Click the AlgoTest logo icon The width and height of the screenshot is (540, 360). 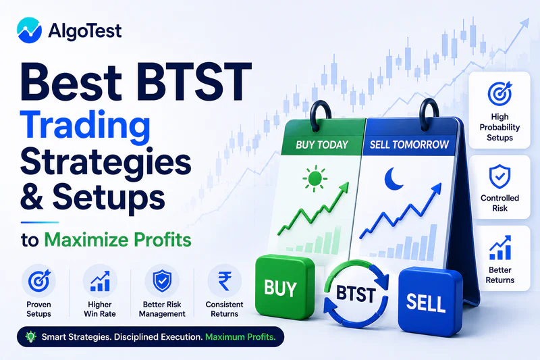pyautogui.click(x=29, y=30)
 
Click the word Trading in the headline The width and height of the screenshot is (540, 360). pyautogui.click(x=86, y=127)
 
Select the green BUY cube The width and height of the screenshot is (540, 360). pyautogui.click(x=285, y=286)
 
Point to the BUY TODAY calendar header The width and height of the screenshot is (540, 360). pyautogui.click(x=322, y=145)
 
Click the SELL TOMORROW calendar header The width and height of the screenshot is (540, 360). pyautogui.click(x=409, y=145)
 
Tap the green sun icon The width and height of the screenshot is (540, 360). pyautogui.click(x=315, y=178)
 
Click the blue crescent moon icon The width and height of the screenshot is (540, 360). pyautogui.click(x=394, y=179)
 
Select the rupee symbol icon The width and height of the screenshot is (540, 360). pyautogui.click(x=225, y=281)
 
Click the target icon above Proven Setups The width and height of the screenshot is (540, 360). pyautogui.click(x=39, y=280)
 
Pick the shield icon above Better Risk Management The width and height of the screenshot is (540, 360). pyautogui.click(x=162, y=281)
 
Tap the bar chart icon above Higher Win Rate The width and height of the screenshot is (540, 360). pyautogui.click(x=100, y=281)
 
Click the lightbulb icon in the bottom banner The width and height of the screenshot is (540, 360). pyautogui.click(x=31, y=336)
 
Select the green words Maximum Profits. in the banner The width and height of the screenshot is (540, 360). pyautogui.click(x=240, y=337)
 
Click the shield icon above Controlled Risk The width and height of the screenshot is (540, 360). pyautogui.click(x=500, y=177)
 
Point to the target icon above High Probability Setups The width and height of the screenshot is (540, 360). pyautogui.click(x=500, y=93)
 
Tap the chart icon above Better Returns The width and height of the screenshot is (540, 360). pyautogui.click(x=500, y=247)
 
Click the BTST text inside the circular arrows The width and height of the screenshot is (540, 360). pyautogui.click(x=356, y=294)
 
